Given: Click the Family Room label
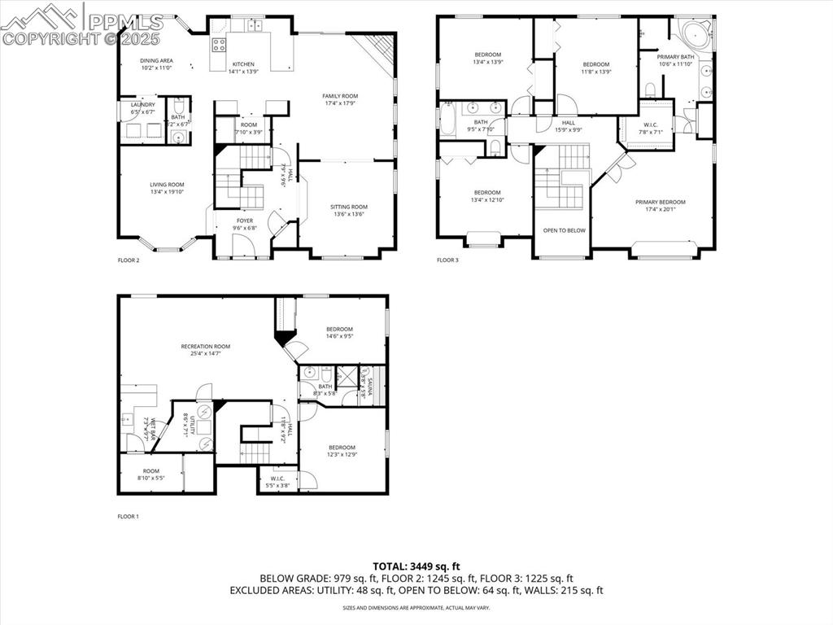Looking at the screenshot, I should tap(340, 96).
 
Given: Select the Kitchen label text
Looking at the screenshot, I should tap(243, 64).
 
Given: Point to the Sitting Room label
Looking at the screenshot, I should tap(348, 207).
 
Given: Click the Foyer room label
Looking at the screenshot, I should tap(245, 221).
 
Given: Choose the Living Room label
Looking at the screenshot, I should tap(167, 185).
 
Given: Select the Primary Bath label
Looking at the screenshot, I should tap(676, 56).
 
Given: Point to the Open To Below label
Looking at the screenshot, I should tap(564, 230).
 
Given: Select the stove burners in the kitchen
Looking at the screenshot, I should tap(219, 43).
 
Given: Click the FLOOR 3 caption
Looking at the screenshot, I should tap(447, 260).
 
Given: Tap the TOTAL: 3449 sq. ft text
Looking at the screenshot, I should tap(416, 566).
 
